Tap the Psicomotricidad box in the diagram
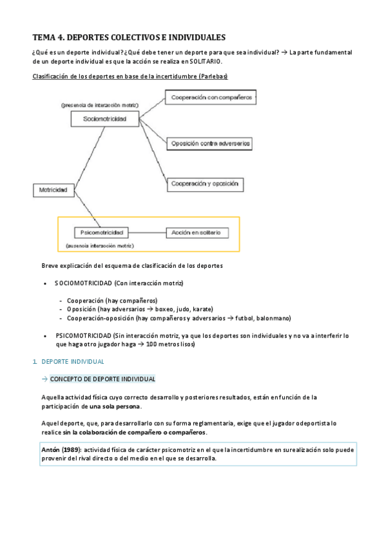pyautogui.click(x=102, y=232)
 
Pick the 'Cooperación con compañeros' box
pyautogui.click(x=211, y=97)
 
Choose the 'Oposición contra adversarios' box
pyautogui.click(x=210, y=142)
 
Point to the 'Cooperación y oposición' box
pyautogui.click(x=206, y=184)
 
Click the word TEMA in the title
pyautogui.click(x=45, y=38)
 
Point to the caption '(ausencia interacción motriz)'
pyautogui.click(x=100, y=245)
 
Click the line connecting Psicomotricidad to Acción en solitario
pyautogui.click(x=148, y=232)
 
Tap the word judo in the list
pyautogui.click(x=185, y=309)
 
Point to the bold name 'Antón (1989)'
pyautogui.click(x=62, y=449)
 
